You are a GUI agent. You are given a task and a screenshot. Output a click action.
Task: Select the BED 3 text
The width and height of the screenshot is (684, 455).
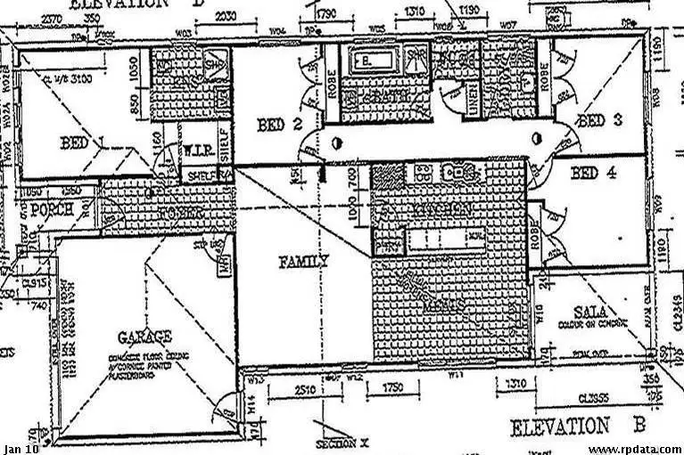(x=594, y=120)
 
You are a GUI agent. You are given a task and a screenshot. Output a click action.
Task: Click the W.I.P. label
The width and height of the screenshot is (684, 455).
(x=197, y=152)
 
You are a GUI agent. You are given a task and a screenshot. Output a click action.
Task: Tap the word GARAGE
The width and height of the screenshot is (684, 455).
(x=144, y=337)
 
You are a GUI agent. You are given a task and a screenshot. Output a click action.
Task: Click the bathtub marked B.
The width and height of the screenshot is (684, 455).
(x=365, y=61)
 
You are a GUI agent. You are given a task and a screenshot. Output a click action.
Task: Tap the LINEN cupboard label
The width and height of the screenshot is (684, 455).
(x=473, y=99)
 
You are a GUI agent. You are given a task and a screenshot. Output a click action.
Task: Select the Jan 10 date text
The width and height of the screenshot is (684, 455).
(x=21, y=448)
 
